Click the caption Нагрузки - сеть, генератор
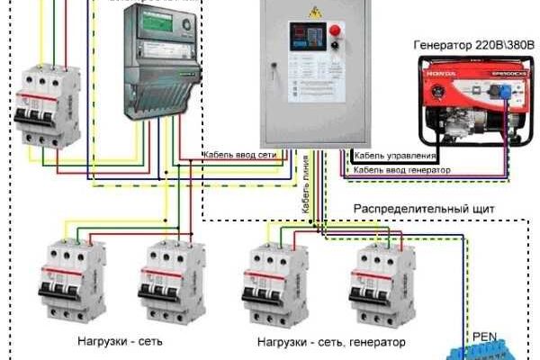click(330, 342)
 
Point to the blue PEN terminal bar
click(481, 350)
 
